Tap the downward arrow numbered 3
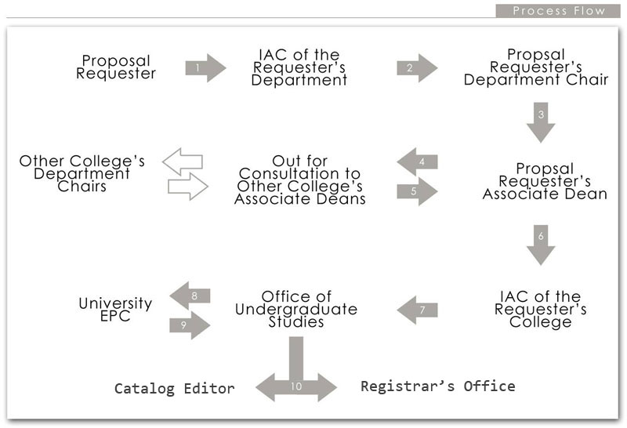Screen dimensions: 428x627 (541, 122)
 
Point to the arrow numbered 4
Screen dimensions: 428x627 (417, 161)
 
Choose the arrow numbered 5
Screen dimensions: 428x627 (417, 191)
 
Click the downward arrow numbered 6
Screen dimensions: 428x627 (541, 244)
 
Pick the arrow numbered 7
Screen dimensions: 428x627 (417, 310)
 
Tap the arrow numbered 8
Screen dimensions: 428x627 (190, 296)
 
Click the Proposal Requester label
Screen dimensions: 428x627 (117, 67)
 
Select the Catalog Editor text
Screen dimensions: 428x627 (174, 388)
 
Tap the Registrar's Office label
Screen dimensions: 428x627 (437, 386)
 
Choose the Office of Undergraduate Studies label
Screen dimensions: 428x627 (295, 310)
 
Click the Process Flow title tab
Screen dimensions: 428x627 (559, 11)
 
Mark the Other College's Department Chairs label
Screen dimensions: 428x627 (82, 173)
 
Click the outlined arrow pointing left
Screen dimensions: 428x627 (183, 161)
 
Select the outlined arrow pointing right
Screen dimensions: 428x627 (188, 187)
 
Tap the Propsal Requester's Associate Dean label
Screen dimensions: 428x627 (545, 181)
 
